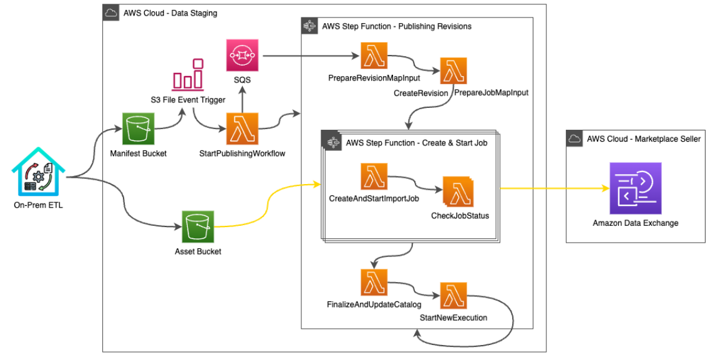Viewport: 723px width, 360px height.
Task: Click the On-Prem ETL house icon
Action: [x=38, y=172]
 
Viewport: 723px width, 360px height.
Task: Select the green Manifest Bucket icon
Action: [x=138, y=129]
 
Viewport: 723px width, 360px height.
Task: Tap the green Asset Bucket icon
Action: [x=198, y=226]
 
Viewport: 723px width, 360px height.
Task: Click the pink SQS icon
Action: [x=242, y=56]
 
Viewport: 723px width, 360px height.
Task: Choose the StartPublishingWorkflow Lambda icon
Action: [x=242, y=129]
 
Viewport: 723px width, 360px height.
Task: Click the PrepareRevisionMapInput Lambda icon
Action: [x=374, y=56]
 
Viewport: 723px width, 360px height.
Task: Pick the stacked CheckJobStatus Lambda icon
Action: [x=458, y=192]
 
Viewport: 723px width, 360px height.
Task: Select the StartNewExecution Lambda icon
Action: [x=454, y=296]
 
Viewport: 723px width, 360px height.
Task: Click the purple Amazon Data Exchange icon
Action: [x=635, y=188]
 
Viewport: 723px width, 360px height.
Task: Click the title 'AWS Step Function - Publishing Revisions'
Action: [x=396, y=26]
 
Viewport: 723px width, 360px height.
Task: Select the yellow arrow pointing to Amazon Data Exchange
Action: [x=555, y=188]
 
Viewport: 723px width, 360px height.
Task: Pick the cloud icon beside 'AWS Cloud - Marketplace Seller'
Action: [x=574, y=139]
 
